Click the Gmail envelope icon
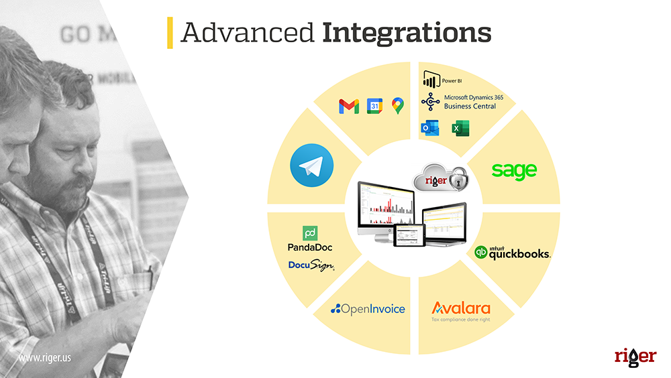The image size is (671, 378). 349,106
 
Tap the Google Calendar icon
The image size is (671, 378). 374,106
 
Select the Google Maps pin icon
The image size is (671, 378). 398,105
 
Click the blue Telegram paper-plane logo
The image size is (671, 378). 311,168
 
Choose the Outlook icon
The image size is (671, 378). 429,128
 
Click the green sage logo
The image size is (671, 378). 514,170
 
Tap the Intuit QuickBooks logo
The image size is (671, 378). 513,253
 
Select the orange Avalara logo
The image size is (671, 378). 461,309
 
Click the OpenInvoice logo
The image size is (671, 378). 368,309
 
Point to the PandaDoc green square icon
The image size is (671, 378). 310,234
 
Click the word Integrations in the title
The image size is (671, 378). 407,32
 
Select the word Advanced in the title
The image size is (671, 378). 247,32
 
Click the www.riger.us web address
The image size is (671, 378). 45,358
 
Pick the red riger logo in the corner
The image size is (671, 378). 635,356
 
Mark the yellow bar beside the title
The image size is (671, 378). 170,33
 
